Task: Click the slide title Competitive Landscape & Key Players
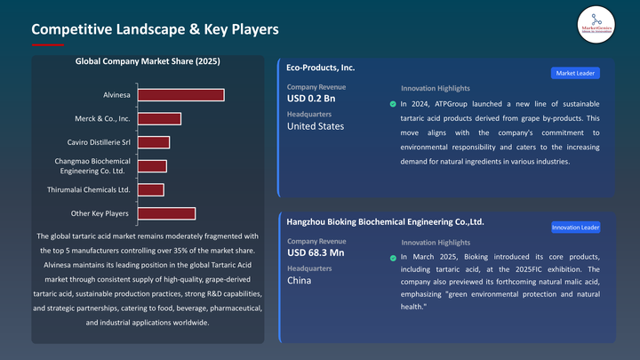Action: [155, 29]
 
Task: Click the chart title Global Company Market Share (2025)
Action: [148, 62]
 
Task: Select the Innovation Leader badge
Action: [575, 228]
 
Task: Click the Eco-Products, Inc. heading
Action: [321, 67]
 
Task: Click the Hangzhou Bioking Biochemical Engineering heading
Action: [385, 221]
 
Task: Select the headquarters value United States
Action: [315, 126]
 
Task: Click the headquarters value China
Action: [299, 281]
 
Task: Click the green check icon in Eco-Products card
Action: [393, 104]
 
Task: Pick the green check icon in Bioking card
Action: [393, 258]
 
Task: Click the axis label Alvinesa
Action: [116, 95]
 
